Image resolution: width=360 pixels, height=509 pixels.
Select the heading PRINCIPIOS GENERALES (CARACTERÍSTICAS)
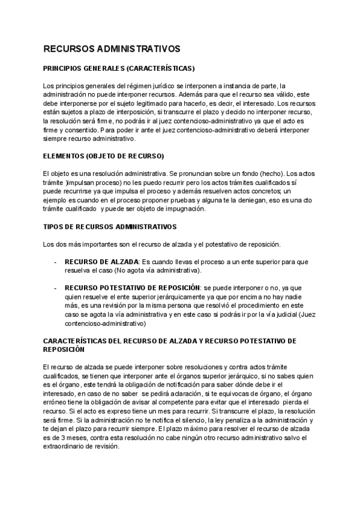click(119, 69)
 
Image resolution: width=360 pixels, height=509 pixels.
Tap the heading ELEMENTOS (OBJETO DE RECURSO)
click(103, 156)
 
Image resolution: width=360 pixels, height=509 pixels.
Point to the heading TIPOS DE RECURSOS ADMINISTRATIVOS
click(110, 227)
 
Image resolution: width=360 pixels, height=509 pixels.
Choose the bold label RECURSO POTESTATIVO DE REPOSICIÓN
click(131, 288)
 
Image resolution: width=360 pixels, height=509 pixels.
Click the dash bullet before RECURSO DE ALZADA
click(56, 262)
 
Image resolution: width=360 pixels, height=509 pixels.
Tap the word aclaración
click(172, 393)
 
